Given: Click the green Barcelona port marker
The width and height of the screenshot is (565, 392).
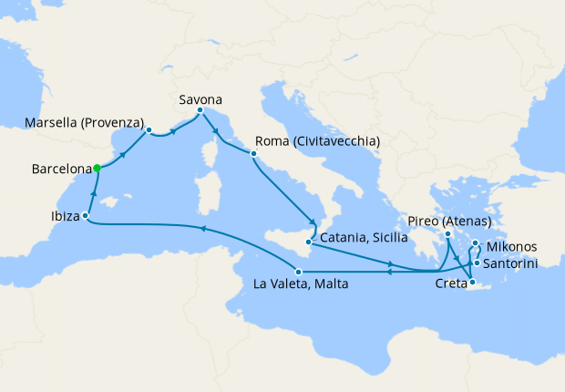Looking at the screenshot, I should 97,168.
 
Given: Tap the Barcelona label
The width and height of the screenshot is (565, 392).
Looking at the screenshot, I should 61,170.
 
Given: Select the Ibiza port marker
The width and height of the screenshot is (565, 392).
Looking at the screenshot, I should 85,216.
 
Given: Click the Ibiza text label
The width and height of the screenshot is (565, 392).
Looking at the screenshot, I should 57,217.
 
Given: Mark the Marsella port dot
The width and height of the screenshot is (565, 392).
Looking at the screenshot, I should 148,129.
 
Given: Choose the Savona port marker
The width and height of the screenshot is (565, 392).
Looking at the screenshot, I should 200,110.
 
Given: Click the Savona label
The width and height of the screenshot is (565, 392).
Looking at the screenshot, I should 200,98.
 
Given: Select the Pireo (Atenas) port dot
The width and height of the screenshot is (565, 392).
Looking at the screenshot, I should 448,234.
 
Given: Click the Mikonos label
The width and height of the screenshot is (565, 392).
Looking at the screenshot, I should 510,246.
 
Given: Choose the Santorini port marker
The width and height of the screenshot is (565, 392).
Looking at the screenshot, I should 477,263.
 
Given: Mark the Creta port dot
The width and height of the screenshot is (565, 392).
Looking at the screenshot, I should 472,283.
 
